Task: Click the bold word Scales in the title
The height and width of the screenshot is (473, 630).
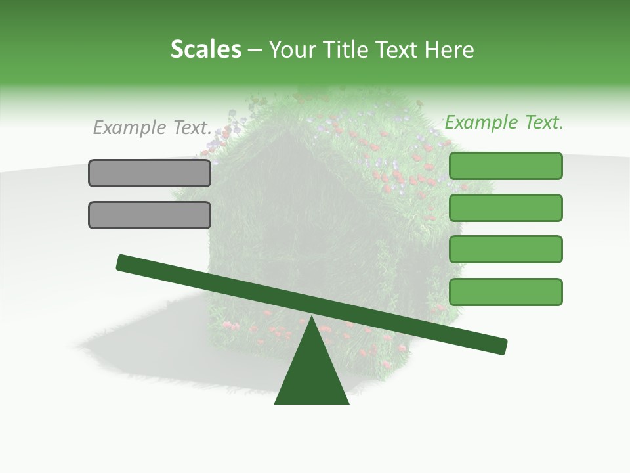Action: click(205, 49)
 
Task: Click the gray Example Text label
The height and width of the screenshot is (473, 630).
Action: click(152, 127)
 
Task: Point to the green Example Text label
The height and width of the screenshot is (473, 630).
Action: click(504, 122)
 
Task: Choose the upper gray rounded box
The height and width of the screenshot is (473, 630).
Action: click(150, 173)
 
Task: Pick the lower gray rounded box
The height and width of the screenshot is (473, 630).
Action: click(150, 215)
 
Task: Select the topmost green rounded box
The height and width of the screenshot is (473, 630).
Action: click(505, 166)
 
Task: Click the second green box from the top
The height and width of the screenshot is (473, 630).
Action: click(505, 208)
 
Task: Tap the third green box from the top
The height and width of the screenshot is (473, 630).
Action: click(505, 249)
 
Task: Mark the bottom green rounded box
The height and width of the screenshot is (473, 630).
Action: click(505, 292)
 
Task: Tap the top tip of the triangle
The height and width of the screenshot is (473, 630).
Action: click(311, 317)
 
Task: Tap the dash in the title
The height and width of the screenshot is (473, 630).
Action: click(255, 50)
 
